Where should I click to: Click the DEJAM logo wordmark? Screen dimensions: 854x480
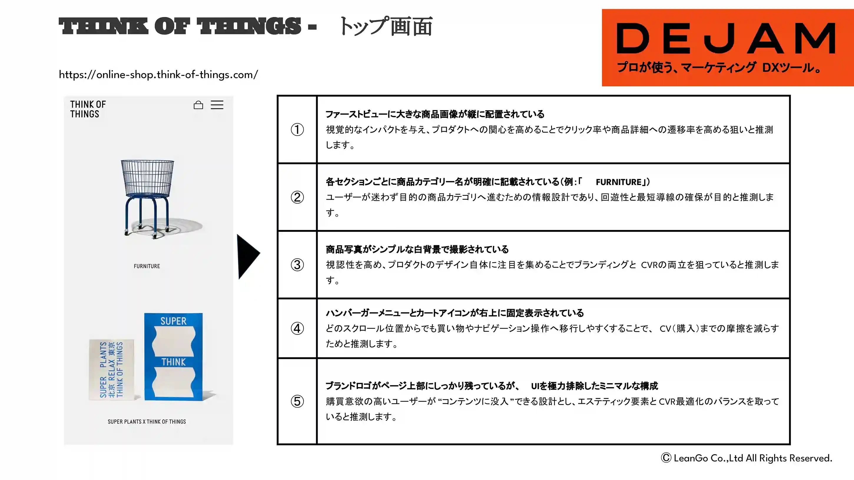click(x=726, y=38)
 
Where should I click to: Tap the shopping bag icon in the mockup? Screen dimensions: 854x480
click(x=198, y=105)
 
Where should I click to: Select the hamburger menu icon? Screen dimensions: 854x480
click(x=217, y=105)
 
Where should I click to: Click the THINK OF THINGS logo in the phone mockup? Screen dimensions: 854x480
click(x=88, y=109)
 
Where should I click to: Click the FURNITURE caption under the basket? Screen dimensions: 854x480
click(x=147, y=266)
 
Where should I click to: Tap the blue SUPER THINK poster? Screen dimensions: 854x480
click(x=174, y=357)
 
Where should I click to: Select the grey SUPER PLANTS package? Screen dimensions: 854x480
click(x=112, y=369)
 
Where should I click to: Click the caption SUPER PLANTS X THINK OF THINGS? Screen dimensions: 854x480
click(x=147, y=421)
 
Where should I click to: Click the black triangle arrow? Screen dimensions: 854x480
click(x=248, y=256)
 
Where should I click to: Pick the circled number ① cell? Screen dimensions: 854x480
click(x=297, y=129)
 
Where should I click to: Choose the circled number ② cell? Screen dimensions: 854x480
click(x=297, y=197)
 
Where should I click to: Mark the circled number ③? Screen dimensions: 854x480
click(x=297, y=265)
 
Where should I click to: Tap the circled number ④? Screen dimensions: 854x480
click(x=297, y=328)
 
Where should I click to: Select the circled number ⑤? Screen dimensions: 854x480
click(x=297, y=401)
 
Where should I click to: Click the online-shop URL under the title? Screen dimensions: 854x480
click(x=158, y=74)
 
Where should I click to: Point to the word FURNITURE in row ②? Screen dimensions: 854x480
click(x=618, y=182)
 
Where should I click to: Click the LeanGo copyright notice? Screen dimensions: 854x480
click(x=747, y=458)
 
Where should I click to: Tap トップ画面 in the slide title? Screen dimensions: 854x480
click(x=386, y=26)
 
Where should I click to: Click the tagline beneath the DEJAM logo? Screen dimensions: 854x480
click(x=719, y=67)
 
